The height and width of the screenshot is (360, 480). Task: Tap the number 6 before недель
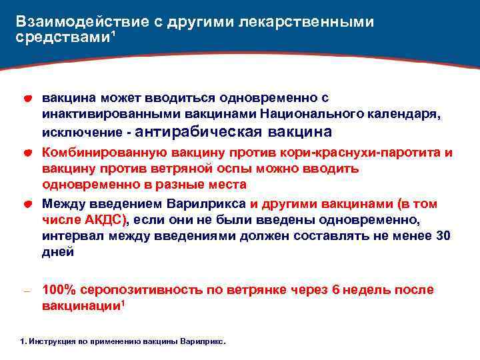(x=335, y=290)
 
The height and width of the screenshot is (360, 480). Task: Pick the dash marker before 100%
(x=27, y=291)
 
